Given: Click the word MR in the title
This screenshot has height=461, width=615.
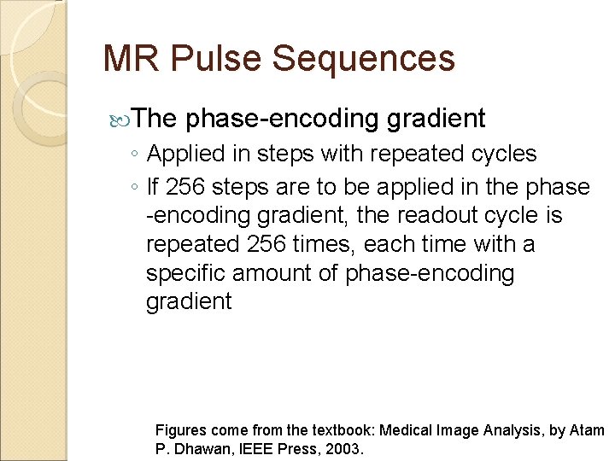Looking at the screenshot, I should coord(129,59).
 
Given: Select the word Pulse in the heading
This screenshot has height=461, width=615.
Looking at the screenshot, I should coord(210,59).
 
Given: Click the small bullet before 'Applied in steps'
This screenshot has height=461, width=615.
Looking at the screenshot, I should coord(136,155).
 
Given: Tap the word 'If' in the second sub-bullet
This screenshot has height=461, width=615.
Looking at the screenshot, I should coord(154,187).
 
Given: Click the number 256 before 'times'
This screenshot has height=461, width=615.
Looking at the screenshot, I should coord(267,245).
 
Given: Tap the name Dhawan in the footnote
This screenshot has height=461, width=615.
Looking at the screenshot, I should coord(200,449).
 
